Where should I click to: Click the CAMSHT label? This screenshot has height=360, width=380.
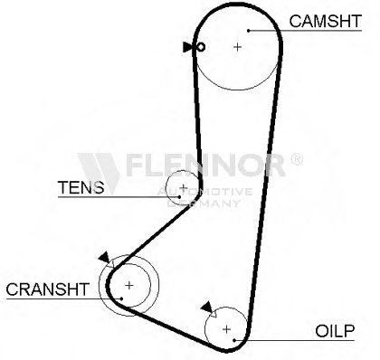coord(325,21)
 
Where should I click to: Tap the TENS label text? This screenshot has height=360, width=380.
coord(81,187)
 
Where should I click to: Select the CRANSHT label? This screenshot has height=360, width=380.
coord(48,289)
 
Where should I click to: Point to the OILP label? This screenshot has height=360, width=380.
coord(335,331)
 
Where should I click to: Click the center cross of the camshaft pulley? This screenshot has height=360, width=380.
coord(238,47)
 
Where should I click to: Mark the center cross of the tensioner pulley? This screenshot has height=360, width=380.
coord(184,188)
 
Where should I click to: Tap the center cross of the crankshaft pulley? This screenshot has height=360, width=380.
coord(129,285)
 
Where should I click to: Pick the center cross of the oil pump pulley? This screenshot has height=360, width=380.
coord(226,329)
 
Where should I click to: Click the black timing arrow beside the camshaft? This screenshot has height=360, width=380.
coord(187,47)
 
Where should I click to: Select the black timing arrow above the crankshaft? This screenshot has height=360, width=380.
coord(104,258)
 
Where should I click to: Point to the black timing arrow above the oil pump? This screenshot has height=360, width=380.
coord(207,307)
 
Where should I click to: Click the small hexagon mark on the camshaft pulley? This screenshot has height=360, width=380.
coord(201,47)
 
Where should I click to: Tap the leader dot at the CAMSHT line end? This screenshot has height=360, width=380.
coord(249,31)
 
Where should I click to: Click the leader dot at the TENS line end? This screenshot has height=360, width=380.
coord(179,197)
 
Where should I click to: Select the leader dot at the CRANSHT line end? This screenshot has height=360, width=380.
coord(121,298)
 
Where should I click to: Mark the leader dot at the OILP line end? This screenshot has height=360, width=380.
coord(234,340)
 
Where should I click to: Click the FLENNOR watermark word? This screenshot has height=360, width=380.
coord(205,165)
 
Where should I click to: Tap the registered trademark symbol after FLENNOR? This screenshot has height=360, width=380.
coord(297,159)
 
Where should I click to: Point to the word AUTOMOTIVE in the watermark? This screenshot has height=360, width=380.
coord(204,192)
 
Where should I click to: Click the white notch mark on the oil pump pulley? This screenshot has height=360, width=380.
coord(213,314)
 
